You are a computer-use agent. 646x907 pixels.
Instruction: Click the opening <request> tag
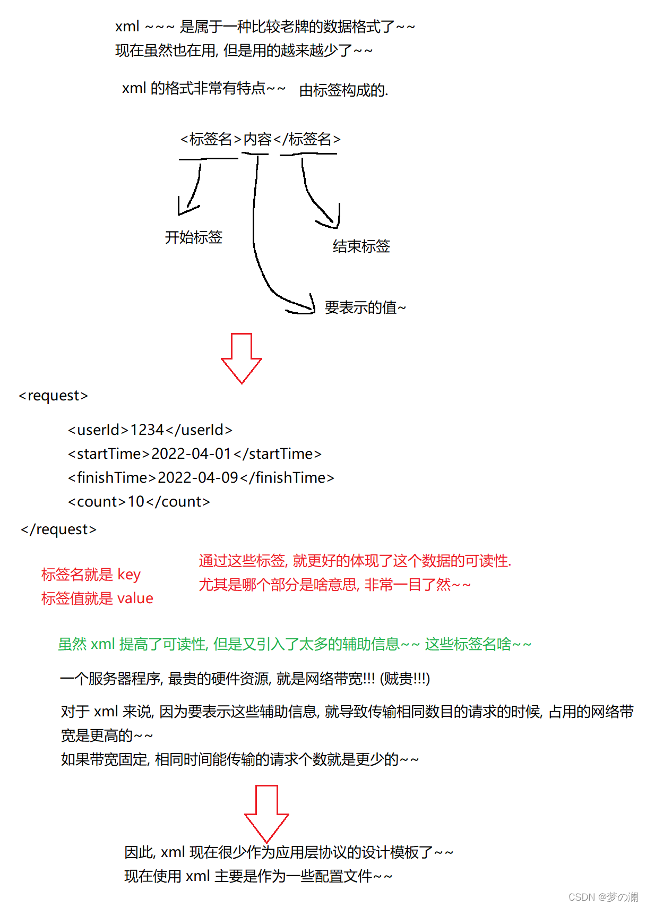(53, 396)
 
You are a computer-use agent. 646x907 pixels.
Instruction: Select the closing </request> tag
(58, 529)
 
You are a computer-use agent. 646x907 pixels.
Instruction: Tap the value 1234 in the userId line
(147, 430)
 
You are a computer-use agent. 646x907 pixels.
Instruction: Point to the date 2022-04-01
(191, 453)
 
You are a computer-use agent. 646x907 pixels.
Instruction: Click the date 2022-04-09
(197, 477)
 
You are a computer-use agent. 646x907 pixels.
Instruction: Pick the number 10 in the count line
(136, 501)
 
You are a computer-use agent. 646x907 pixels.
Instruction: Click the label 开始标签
(193, 237)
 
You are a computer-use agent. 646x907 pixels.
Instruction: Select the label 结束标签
(361, 246)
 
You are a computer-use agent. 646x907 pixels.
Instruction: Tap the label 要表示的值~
(365, 307)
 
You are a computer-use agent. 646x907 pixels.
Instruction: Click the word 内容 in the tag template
(257, 139)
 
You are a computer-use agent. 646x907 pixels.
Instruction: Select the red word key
(129, 575)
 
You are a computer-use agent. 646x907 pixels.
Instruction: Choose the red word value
(135, 598)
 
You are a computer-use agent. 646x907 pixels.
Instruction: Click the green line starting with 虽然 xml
(295, 644)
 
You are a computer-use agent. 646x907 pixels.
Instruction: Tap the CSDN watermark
(603, 897)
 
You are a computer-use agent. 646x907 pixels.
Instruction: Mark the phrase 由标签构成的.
(343, 90)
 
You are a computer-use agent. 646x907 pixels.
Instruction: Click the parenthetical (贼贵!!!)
(404, 679)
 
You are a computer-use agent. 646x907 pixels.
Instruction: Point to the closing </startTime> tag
(277, 453)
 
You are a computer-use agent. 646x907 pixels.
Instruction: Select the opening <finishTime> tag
(112, 477)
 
